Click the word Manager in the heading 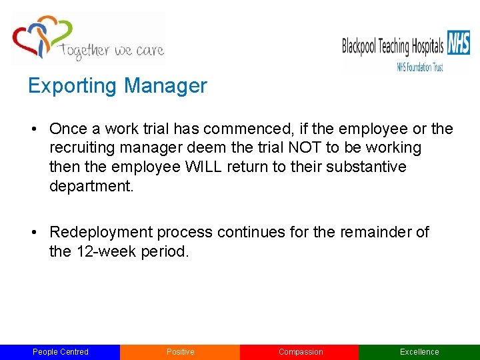[x=165, y=86]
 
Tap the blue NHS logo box [x=459, y=44]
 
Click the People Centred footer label [x=60, y=352]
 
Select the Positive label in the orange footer [x=180, y=352]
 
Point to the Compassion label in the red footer [x=300, y=352]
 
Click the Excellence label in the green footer [x=419, y=352]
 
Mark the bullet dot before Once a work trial [x=33, y=129]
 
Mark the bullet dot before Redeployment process [x=33, y=233]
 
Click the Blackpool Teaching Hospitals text [x=393, y=46]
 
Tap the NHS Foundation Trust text [x=420, y=67]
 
